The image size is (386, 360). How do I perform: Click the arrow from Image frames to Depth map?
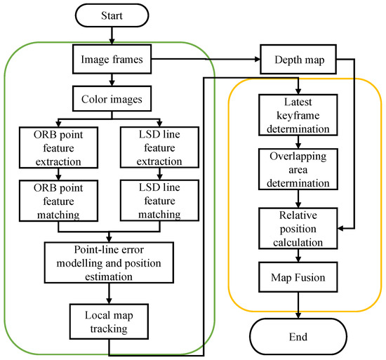click(207, 60)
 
